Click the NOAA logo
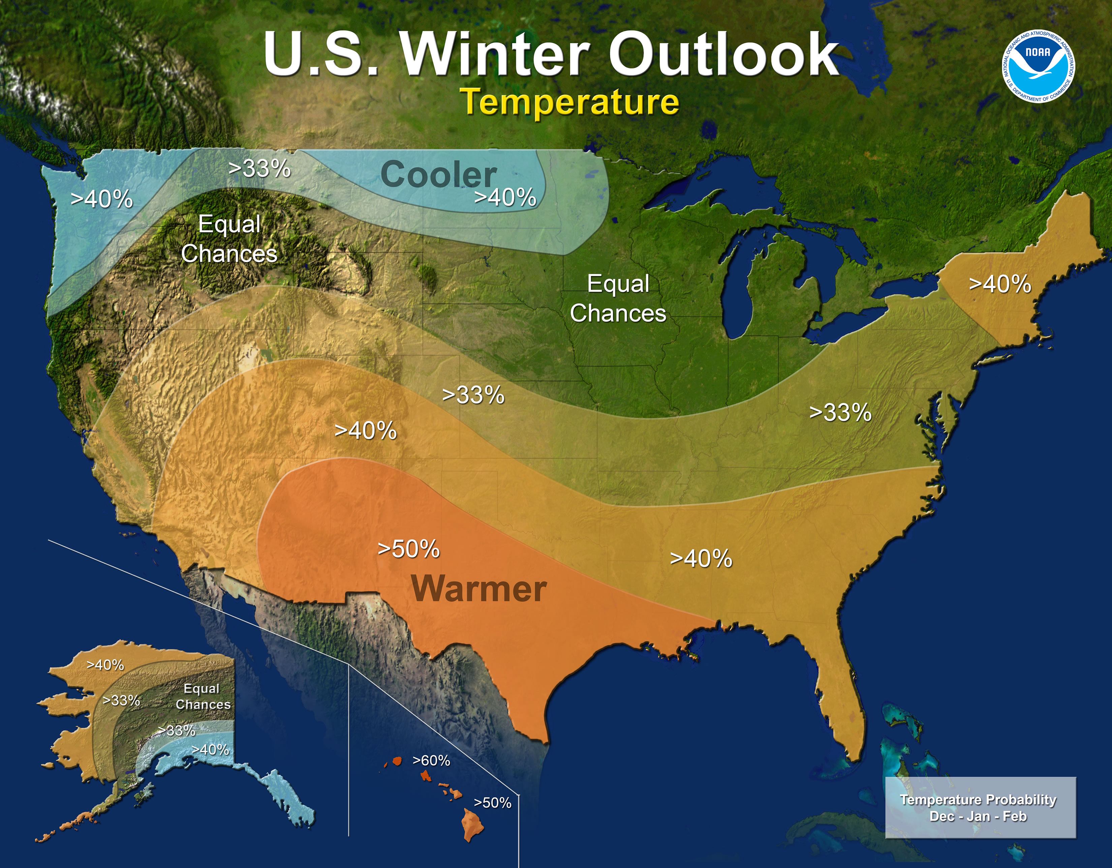[1039, 66]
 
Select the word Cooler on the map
[438, 175]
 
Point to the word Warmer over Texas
[478, 589]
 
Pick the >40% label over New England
[999, 284]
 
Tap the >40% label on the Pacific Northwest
[101, 199]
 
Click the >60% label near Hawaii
[431, 761]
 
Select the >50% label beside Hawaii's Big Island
[492, 803]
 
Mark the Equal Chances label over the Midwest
[618, 298]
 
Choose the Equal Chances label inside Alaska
[203, 696]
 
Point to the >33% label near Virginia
[840, 412]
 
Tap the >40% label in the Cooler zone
[505, 197]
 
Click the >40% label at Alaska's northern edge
[105, 665]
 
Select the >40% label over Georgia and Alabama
[701, 558]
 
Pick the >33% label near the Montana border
[260, 168]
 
